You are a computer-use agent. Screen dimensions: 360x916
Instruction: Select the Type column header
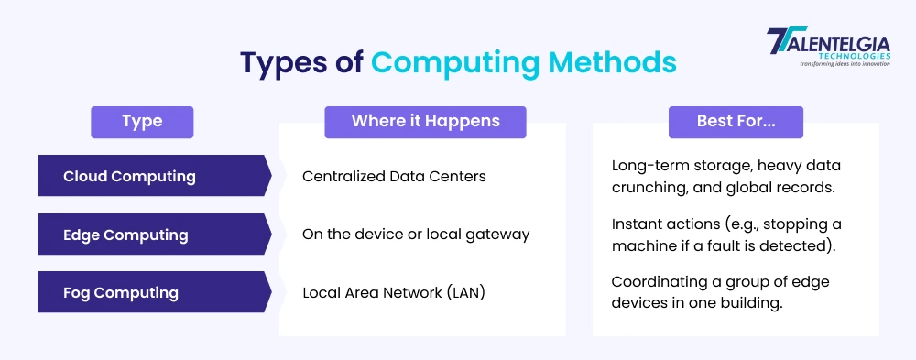coord(142,122)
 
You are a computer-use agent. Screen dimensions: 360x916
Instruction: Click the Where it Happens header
coord(425,122)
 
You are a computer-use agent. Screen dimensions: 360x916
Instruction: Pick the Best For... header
coord(736,122)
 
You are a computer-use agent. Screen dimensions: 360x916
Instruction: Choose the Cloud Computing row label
coord(129,176)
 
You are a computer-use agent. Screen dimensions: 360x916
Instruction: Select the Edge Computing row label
coord(125,235)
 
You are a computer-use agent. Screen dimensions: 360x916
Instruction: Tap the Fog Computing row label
coord(121,293)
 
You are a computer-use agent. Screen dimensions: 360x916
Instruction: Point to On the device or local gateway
coord(416,235)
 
